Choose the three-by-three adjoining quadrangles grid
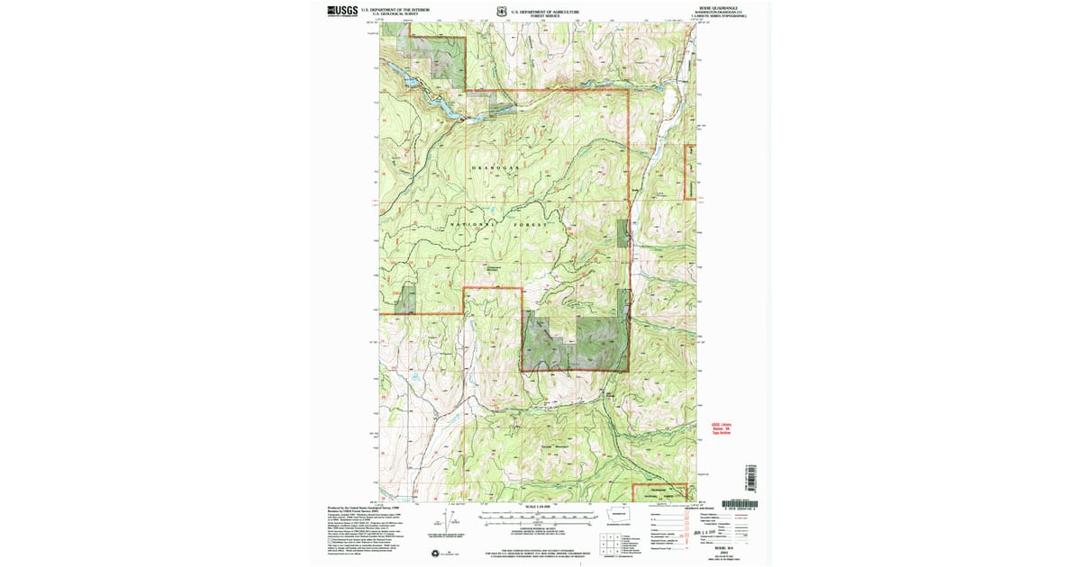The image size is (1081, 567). pyautogui.click(x=606, y=541)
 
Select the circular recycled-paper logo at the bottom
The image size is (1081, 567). pyautogui.click(x=437, y=553)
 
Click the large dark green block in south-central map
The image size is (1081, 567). pyautogui.click(x=574, y=344)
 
